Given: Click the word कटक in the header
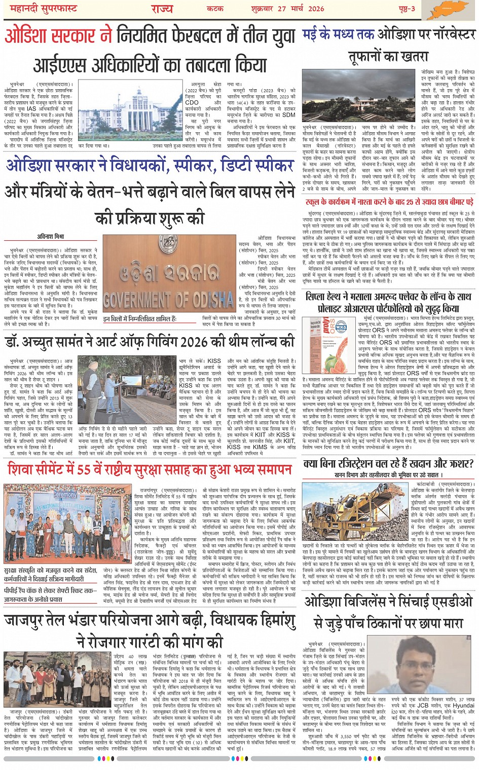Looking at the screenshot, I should [215, 9].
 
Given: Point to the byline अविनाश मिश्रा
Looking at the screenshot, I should [51, 237].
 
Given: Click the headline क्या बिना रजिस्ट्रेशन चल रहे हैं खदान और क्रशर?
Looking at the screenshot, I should [388, 464].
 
